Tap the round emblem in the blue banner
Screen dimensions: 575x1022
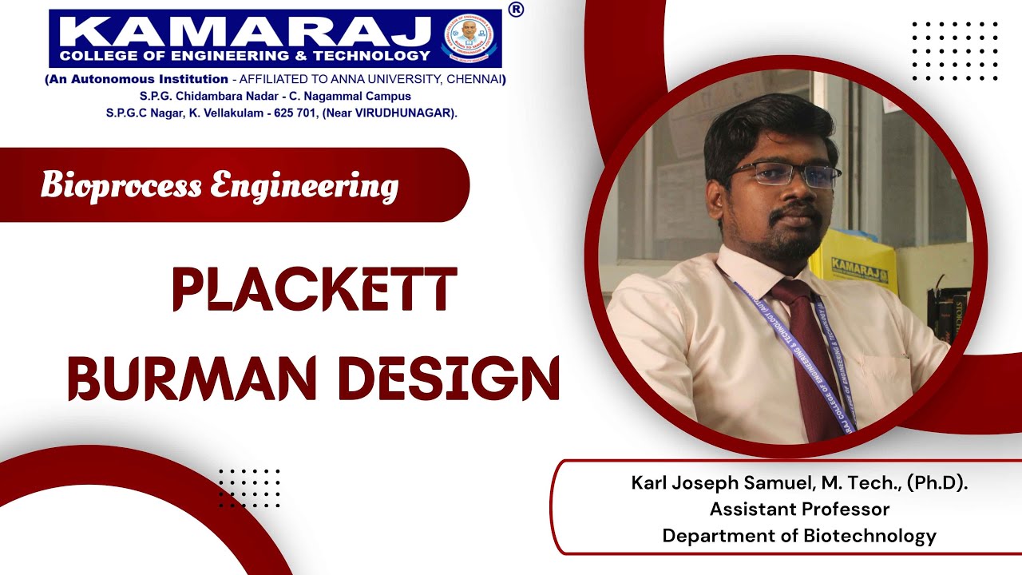[x=469, y=37]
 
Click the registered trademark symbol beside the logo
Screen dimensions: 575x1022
[x=516, y=10]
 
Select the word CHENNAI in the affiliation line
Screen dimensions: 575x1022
[x=474, y=79]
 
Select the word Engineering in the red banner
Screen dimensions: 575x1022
[x=304, y=186]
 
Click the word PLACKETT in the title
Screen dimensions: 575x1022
[x=315, y=291]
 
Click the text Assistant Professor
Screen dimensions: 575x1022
[x=799, y=509]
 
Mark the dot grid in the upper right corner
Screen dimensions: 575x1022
[x=955, y=51]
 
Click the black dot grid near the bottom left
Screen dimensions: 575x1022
[x=249, y=488]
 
